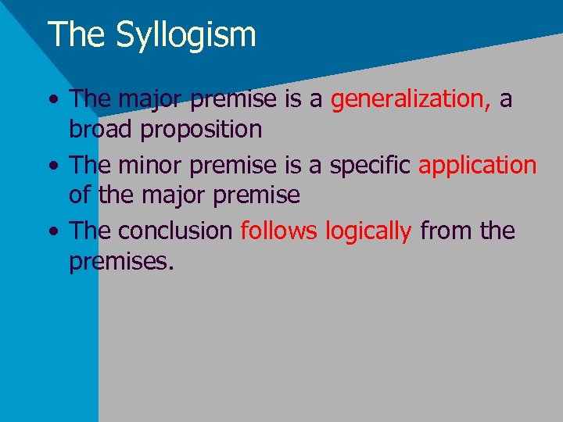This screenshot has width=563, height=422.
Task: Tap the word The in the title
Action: click(x=75, y=34)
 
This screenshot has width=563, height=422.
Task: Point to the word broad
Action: click(x=102, y=129)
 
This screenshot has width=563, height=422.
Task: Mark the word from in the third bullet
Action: click(x=446, y=231)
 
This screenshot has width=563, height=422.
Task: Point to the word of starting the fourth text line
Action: click(x=79, y=195)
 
